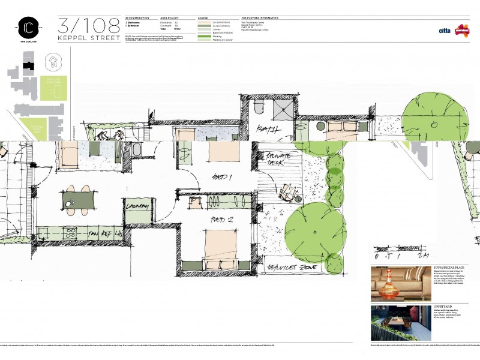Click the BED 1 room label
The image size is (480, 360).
click(x=223, y=177)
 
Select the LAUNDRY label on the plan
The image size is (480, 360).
click(x=137, y=206)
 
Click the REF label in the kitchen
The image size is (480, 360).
click(x=107, y=233)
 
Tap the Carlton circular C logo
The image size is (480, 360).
click(x=28, y=28)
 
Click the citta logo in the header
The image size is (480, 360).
click(x=445, y=29)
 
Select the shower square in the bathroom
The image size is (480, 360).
click(x=283, y=109)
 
